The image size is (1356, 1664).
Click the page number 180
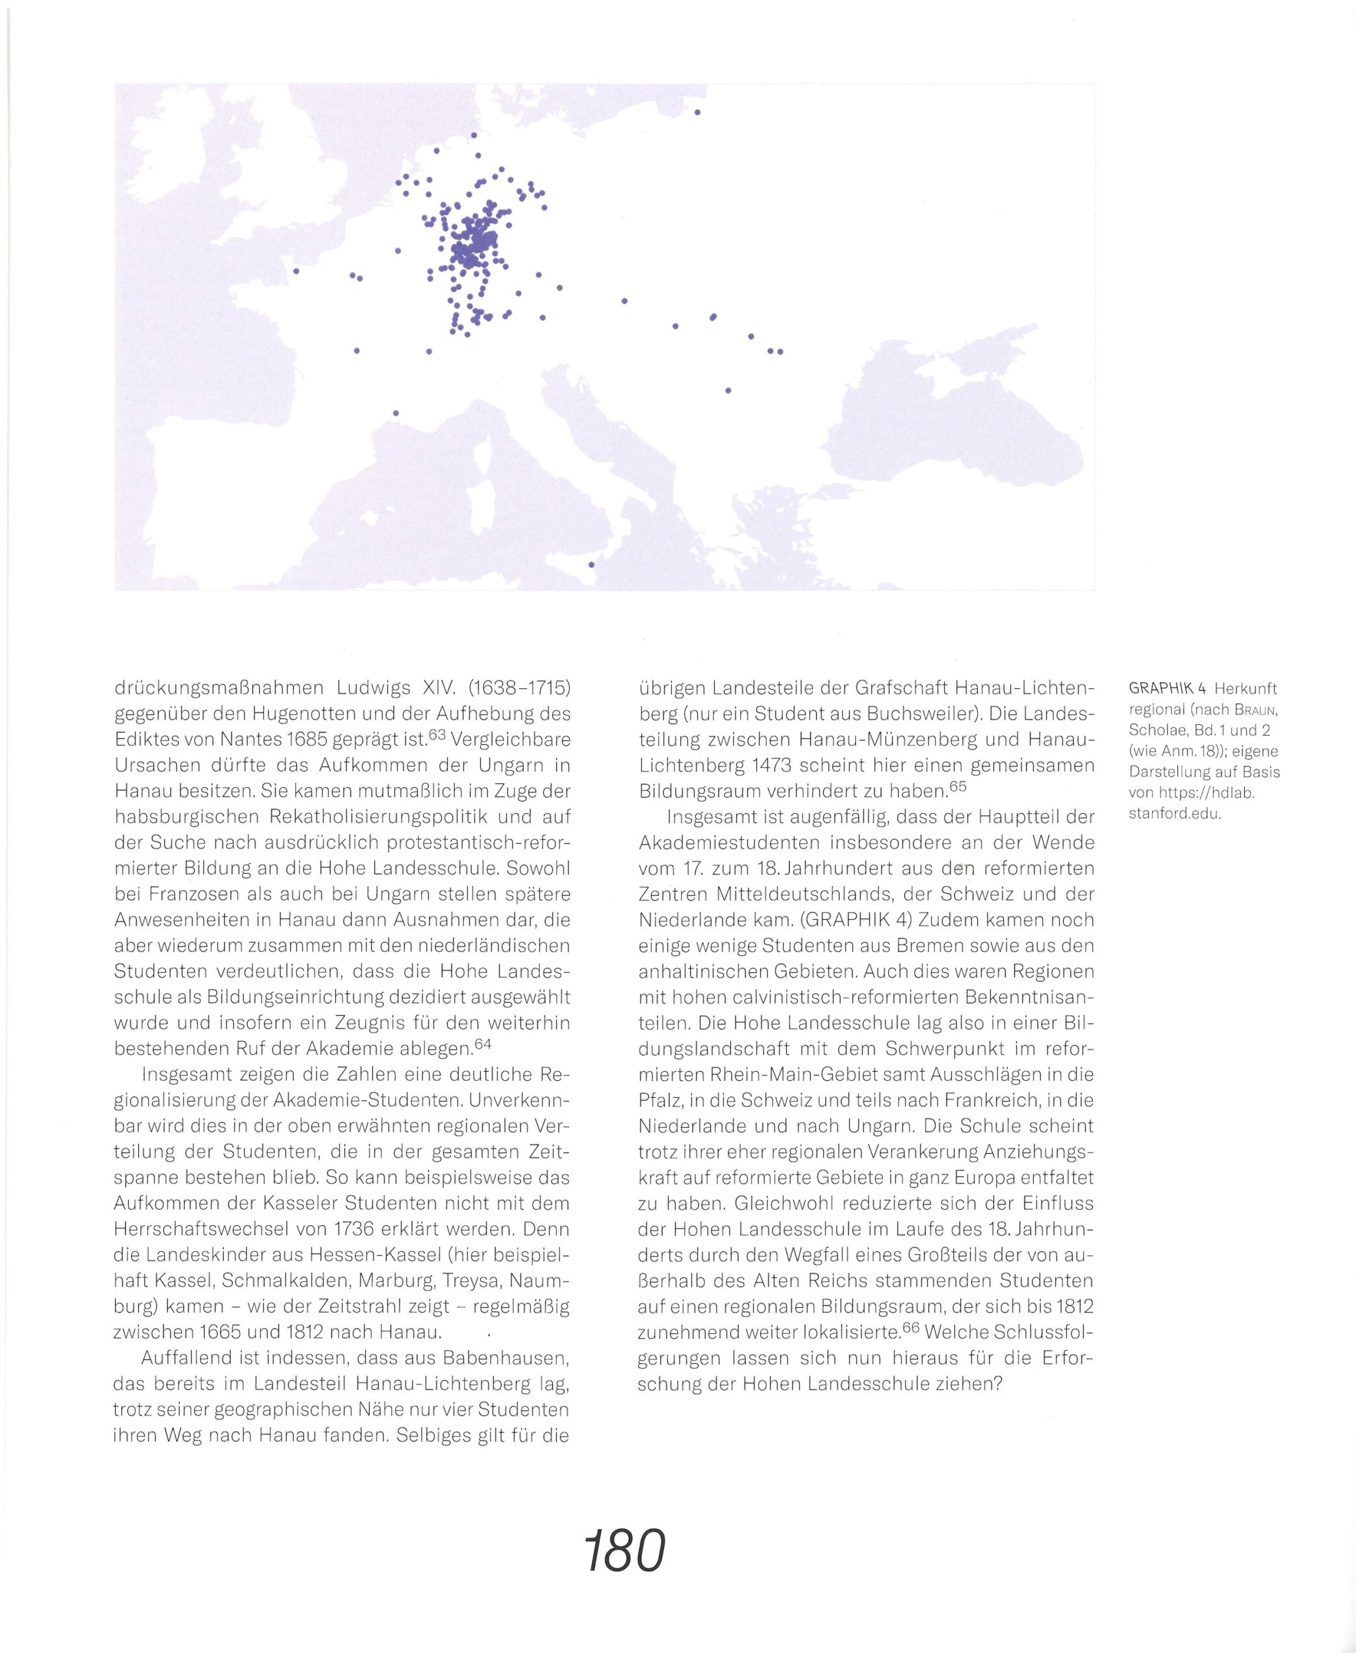pos(624,1551)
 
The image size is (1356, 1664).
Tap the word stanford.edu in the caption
pos(1175,813)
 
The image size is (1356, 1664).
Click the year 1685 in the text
pos(308,739)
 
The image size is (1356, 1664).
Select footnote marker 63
pos(435,734)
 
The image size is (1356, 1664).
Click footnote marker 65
pos(958,786)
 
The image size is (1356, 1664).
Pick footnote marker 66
pos(910,1327)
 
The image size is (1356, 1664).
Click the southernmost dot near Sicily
pos(591,564)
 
